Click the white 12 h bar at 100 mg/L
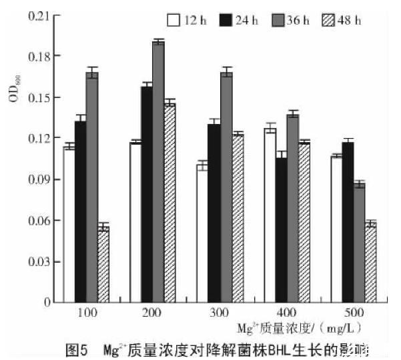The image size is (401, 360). (x=69, y=224)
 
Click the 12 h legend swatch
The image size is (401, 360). (x=174, y=20)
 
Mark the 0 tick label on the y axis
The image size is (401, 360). (x=47, y=302)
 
